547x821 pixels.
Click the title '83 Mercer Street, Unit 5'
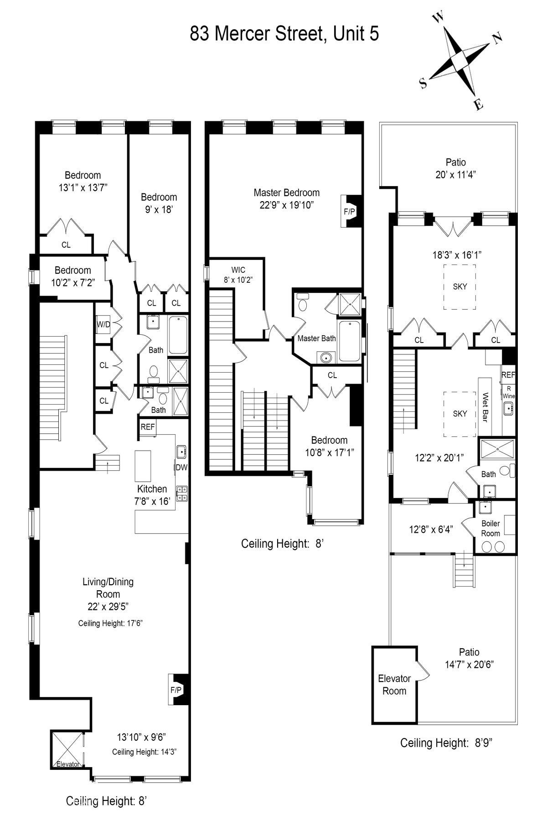click(284, 34)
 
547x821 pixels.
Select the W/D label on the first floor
click(103, 325)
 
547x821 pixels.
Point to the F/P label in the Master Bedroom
click(349, 212)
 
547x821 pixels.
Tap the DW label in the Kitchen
click(181, 467)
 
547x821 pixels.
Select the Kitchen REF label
click(148, 427)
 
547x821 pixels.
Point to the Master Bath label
click(317, 338)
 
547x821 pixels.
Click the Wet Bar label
click(485, 407)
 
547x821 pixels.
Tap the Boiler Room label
click(490, 528)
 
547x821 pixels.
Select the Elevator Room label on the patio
click(394, 685)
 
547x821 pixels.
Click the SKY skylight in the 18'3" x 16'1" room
click(460, 287)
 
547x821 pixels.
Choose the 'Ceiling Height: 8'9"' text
click(446, 743)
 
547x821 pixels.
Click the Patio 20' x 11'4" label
click(456, 168)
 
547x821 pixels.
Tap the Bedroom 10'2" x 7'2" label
click(73, 276)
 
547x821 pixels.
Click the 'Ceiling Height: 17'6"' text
click(111, 623)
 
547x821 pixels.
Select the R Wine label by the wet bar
click(509, 392)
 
